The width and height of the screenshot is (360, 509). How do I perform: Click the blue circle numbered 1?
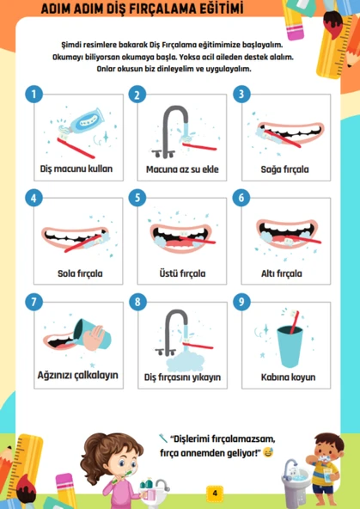tap(34, 94)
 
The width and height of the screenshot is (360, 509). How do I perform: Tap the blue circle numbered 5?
tap(137, 198)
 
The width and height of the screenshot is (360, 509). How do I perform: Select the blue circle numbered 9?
tap(241, 302)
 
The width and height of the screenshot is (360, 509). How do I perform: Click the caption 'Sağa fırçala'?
tap(284, 169)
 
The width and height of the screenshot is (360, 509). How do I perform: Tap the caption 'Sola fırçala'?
tap(80, 273)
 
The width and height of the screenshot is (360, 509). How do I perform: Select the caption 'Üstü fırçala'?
tap(182, 273)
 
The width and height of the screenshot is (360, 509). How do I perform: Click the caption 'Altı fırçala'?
tap(282, 273)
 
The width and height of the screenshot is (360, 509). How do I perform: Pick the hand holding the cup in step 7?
tap(93, 338)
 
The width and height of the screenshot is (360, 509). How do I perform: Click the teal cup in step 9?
tap(290, 346)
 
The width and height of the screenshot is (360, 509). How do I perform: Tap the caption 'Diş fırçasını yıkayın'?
tap(183, 377)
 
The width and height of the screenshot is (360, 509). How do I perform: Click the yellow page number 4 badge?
tap(215, 494)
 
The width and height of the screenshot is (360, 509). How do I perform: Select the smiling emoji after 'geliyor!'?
tap(268, 452)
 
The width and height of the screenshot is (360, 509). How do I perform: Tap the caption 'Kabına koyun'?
tap(288, 377)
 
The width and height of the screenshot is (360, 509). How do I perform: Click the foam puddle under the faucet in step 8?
tap(186, 361)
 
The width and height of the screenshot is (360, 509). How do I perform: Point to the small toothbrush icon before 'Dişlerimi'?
tap(163, 438)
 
